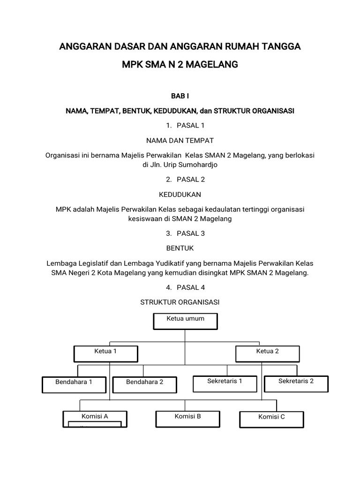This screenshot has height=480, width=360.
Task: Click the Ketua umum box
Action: pos(185,321)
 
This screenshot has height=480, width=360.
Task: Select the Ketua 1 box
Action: pos(105,353)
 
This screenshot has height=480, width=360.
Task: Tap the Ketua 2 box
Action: pos(267,353)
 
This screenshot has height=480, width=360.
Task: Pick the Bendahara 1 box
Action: pos(74,384)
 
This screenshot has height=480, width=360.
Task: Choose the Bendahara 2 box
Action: pos(144,384)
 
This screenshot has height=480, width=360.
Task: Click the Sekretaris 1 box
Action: pos(225,383)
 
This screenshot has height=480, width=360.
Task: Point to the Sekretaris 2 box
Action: pos(296,383)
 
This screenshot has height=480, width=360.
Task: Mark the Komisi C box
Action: pos(271,419)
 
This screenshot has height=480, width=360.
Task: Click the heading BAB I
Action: pos(180,96)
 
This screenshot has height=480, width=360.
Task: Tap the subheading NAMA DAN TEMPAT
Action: pos(180,140)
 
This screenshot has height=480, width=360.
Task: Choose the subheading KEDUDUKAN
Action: pos(180,194)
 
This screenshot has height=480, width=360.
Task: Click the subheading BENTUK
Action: pos(180,248)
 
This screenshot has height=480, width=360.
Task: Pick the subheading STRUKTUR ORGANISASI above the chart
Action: pos(180,302)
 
